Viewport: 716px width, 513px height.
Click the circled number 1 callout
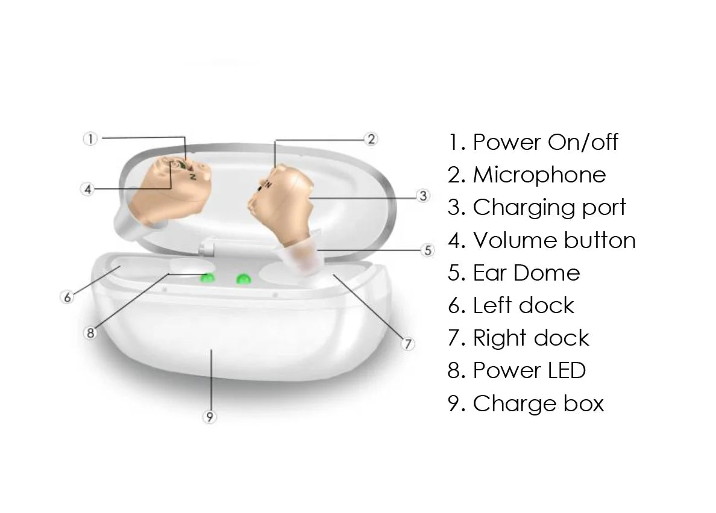tap(90, 139)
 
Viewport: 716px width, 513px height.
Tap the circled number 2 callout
tap(371, 139)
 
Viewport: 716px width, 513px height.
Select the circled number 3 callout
tap(423, 196)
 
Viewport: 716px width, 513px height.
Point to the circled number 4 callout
tap(88, 189)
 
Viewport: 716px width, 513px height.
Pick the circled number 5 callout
tap(427, 250)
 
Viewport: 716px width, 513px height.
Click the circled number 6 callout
tap(67, 297)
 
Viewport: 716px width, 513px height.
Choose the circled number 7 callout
tap(408, 344)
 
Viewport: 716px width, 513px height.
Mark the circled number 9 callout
tap(210, 417)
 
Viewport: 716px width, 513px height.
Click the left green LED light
tap(208, 278)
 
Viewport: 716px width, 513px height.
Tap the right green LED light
tap(243, 279)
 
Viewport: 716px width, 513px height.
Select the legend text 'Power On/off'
tap(533, 142)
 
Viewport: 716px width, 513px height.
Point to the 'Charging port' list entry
tap(537, 208)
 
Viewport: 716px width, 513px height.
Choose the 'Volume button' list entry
tap(542, 240)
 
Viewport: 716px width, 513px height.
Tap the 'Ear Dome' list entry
tap(513, 273)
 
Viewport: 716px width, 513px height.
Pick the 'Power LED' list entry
tap(517, 371)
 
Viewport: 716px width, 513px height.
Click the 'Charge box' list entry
tap(526, 403)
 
